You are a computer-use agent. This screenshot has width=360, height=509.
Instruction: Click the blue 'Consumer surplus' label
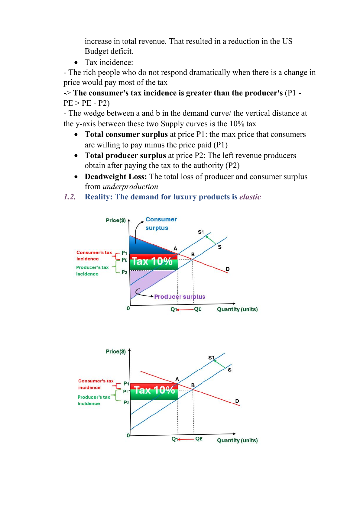coord(161,224)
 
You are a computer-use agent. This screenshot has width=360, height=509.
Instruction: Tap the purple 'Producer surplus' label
coord(180,297)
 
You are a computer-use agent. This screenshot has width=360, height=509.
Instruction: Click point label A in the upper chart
coord(175,249)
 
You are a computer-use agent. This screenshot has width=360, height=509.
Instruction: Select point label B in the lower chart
coord(193,385)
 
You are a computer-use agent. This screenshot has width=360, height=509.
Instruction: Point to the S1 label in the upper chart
coord(201,232)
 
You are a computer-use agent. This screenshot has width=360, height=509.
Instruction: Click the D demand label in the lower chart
coord(237,401)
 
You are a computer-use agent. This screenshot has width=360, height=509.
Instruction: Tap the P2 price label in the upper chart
coord(124,272)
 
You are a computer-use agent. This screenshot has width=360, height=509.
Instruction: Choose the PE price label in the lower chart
coord(126,391)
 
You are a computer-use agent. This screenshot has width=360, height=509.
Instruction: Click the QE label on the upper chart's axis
coord(198,309)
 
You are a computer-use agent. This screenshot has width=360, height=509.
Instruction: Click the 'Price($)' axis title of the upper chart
coord(116,220)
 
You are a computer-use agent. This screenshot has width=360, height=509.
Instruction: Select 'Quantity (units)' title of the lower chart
coord(237,440)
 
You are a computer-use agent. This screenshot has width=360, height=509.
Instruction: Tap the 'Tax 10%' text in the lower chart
coord(154,390)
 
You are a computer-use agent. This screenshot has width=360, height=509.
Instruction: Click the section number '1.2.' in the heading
coord(70,197)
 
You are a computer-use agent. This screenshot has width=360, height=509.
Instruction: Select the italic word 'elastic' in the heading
coord(250,197)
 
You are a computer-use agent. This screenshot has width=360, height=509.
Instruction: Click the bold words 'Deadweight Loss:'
coord(116,177)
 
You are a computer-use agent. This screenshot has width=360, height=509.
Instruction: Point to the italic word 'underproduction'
coord(130,187)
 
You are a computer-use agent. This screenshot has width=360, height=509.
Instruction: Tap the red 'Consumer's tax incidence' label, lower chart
coord(96,384)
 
